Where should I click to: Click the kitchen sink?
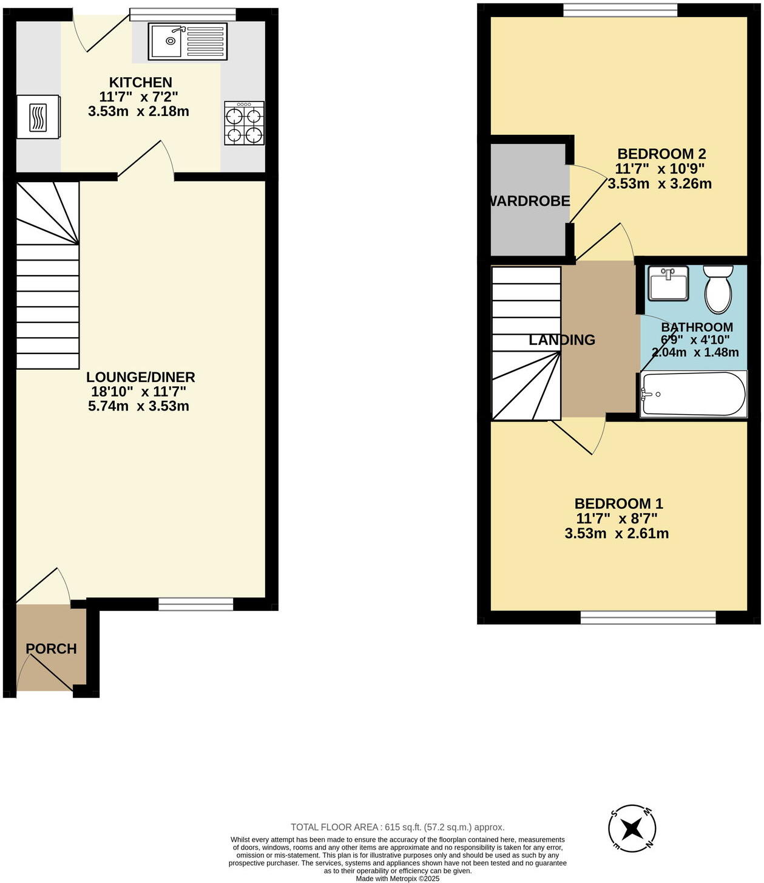tap(188, 41)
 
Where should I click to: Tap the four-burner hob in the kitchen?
tap(245, 123)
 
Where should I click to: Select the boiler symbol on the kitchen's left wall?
tap(38, 117)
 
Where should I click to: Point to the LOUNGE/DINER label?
tap(140, 377)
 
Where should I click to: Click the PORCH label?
tap(52, 649)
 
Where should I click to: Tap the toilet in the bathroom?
tap(718, 290)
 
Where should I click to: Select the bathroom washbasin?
tap(668, 284)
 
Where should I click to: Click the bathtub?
tap(694, 394)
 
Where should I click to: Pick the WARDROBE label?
tap(530, 201)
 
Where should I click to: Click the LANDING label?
tap(562, 340)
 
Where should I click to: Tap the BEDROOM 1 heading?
tap(618, 503)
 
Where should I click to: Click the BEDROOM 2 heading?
tap(661, 154)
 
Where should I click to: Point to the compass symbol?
tap(632, 827)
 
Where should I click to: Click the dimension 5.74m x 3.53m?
tap(138, 406)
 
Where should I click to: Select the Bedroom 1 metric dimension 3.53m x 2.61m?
tap(617, 534)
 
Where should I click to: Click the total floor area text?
tap(397, 827)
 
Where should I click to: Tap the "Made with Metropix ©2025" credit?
tap(397, 878)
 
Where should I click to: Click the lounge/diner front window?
tap(195, 604)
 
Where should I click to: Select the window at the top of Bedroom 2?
tap(620, 10)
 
